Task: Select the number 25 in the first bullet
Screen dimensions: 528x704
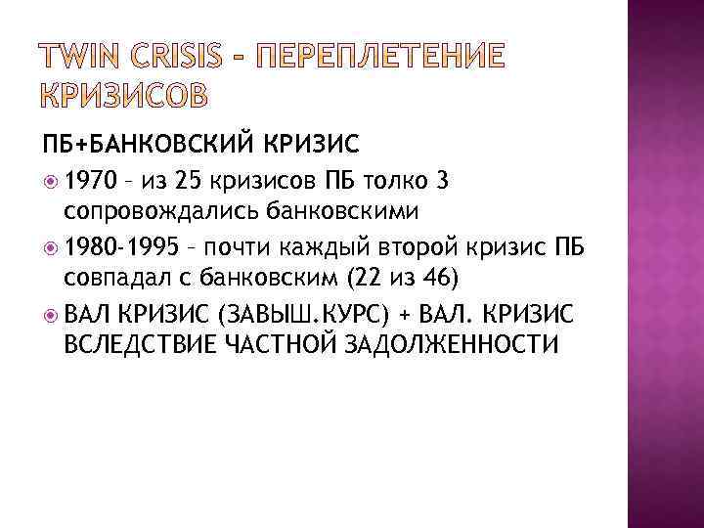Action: click(188, 180)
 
